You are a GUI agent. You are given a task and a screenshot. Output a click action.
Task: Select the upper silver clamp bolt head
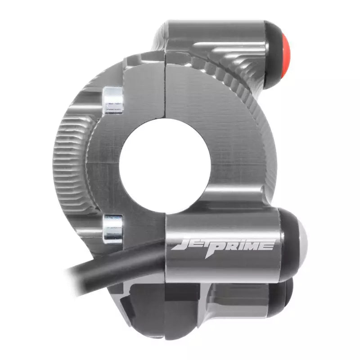(x=112, y=100)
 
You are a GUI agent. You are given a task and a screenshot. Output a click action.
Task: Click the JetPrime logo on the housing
(x=223, y=246)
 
